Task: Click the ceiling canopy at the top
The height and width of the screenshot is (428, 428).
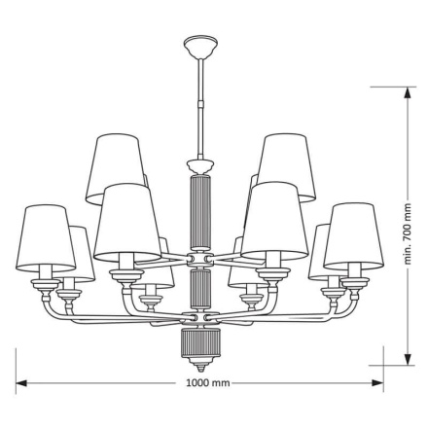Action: [x=199, y=45]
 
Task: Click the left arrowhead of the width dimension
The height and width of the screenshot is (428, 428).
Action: [x=19, y=383]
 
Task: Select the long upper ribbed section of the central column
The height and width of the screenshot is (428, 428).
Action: [x=199, y=209]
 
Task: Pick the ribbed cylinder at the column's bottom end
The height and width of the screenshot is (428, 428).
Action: [x=199, y=343]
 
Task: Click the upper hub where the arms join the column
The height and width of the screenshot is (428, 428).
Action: [x=199, y=260]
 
